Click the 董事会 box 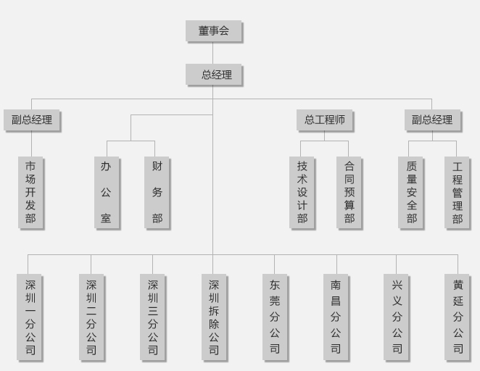pos(213,31)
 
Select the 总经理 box pos(213,75)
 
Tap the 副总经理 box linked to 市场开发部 pos(31,120)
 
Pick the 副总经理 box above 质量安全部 pos(432,120)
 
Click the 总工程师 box pos(324,120)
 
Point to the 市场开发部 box pos(30,192)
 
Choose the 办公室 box pos(106,192)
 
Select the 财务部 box pos(157,192)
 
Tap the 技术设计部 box pos(302,192)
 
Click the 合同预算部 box pos(349,192)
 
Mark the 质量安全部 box pos(411,192)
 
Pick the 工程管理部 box pos(457,192)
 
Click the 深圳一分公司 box pos(30,317)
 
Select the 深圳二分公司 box pos(91,317)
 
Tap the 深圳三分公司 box pos(152,317)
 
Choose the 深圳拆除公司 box pos(214,317)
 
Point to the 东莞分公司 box pos(275,317)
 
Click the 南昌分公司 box pos(336,317)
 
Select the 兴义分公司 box pos(397,317)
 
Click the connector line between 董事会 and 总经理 pos(213,53)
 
